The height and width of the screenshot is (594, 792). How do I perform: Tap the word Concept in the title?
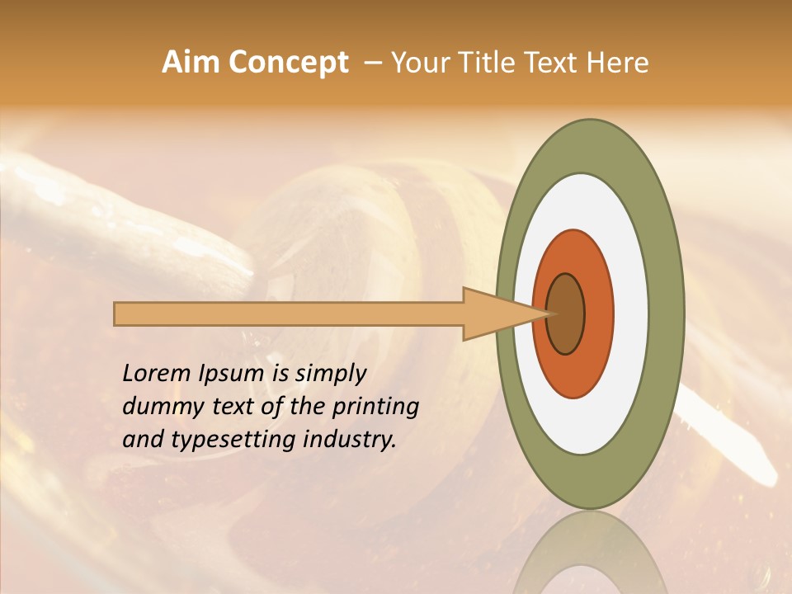point(288,64)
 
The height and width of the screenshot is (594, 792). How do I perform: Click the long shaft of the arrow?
point(289,313)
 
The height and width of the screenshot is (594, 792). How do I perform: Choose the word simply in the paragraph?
point(331,375)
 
